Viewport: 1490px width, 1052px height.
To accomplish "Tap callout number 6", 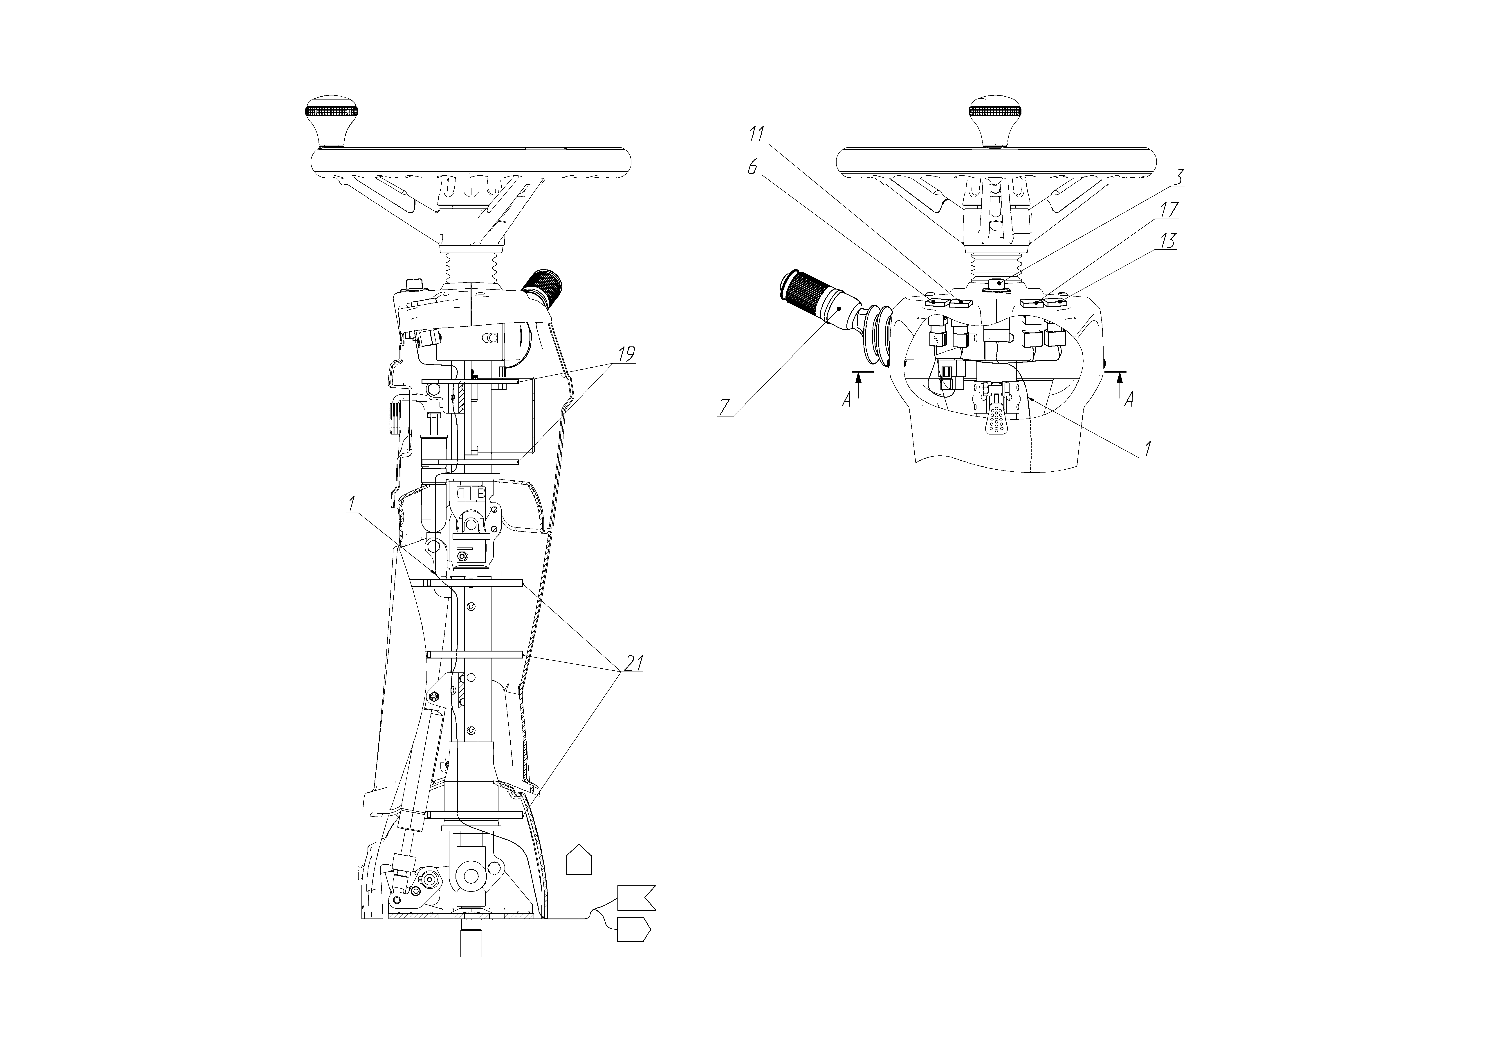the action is point(753,166).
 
